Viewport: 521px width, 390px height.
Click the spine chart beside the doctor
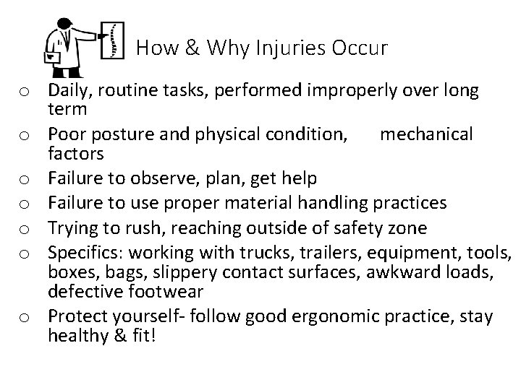pos(111,40)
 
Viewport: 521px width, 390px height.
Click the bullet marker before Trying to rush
pos(25,230)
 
